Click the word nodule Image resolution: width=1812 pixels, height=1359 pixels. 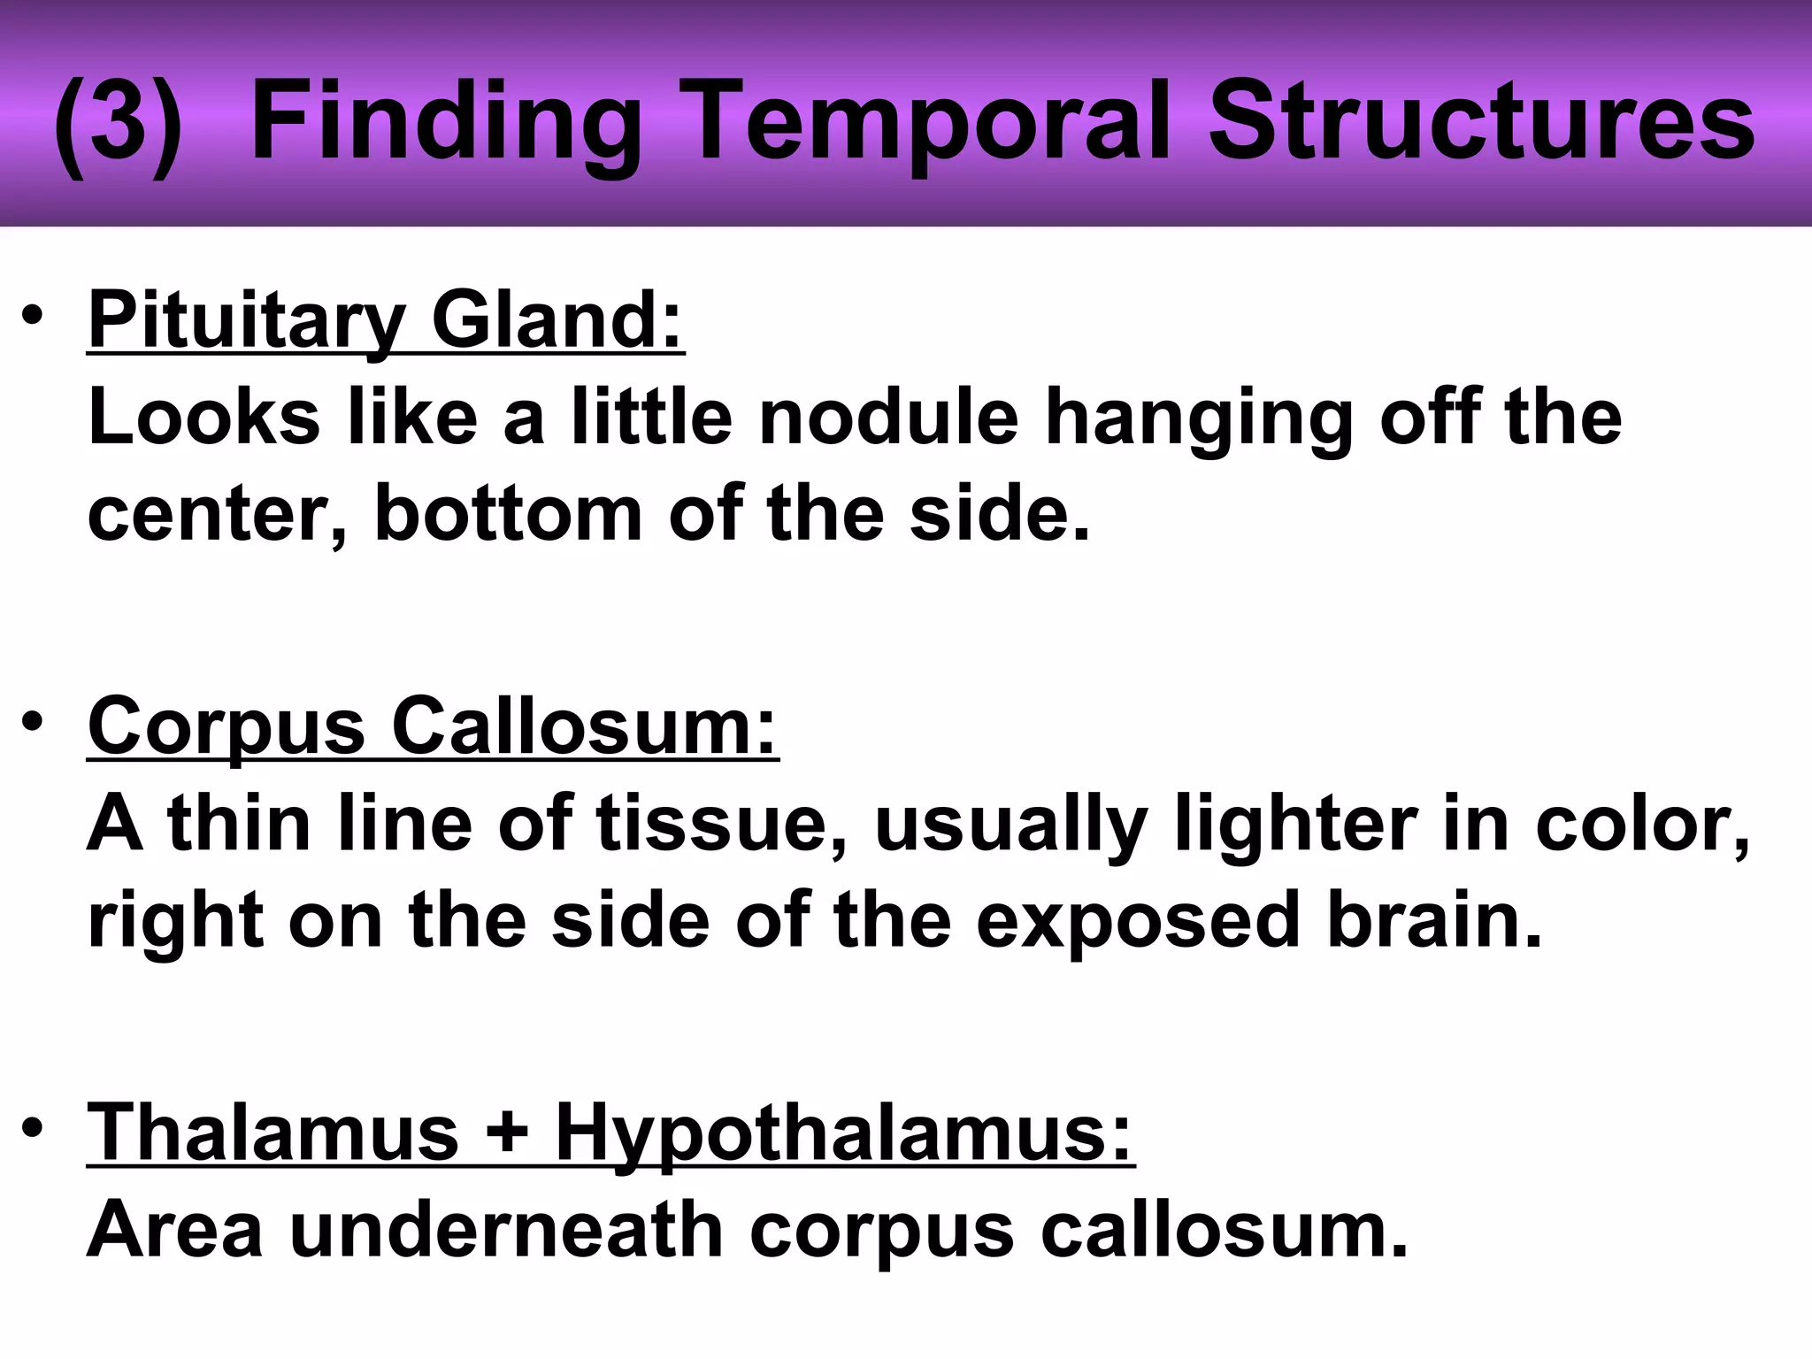[x=888, y=417]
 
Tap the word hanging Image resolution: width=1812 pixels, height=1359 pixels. [x=1199, y=421]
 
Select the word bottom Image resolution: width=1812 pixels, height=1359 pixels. [x=509, y=513]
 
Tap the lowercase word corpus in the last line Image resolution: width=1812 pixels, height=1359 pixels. [x=881, y=1233]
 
